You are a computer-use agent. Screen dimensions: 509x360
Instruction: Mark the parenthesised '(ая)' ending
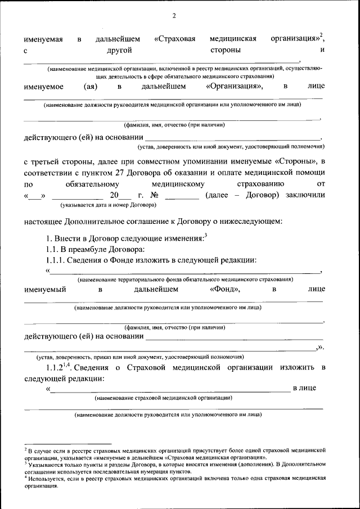pos(91,87)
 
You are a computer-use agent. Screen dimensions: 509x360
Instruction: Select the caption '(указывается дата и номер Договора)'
pos(104,204)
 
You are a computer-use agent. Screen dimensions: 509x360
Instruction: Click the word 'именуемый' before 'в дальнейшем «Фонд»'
pos(45,290)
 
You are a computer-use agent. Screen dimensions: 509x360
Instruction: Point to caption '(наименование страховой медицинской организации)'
pos(164,398)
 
